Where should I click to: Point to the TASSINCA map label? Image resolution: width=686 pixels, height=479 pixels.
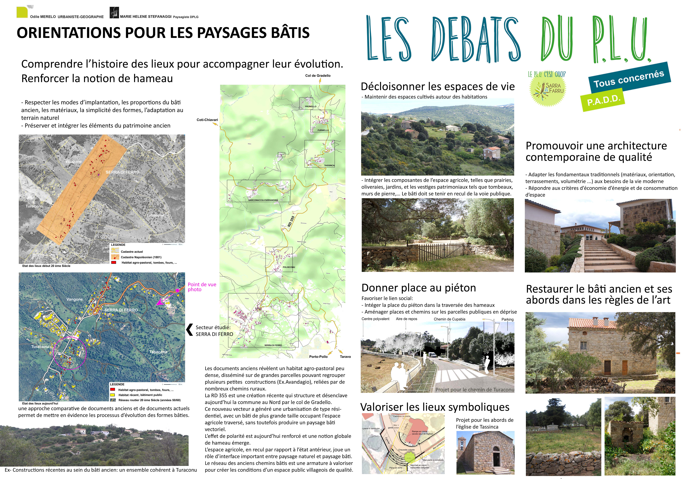329,165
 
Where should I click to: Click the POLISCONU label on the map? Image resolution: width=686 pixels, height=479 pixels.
289,267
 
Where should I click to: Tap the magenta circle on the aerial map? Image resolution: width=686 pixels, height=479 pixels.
70,353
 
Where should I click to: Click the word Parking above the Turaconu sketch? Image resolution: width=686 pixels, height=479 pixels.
507,319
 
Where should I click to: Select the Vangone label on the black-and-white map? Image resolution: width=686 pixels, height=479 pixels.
73,161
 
